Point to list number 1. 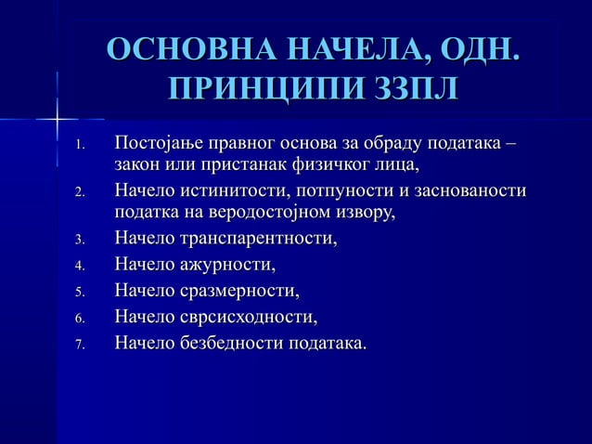[x=81, y=147]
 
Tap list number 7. [x=81, y=346]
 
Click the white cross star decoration [x=57, y=119]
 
